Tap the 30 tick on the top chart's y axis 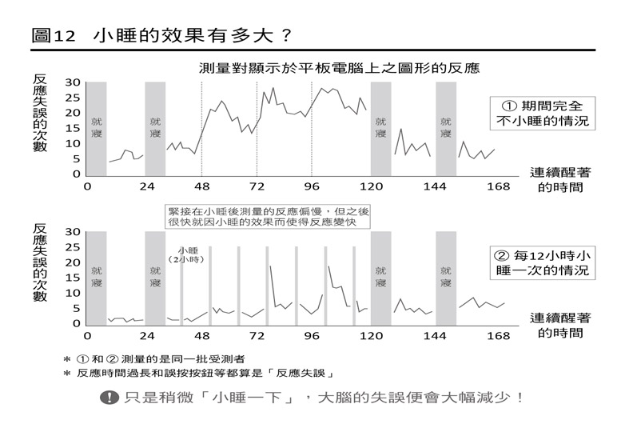pos(72,82)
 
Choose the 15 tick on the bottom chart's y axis pos(72,278)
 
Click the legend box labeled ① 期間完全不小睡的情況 pos(543,113)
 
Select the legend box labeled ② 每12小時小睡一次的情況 pos(543,263)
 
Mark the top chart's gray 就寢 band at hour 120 pos(380,128)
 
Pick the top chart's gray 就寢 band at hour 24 pos(155,128)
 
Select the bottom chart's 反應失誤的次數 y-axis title pos(40,261)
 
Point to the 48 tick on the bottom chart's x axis pos(202,336)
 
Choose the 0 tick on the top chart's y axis pos(77,174)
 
